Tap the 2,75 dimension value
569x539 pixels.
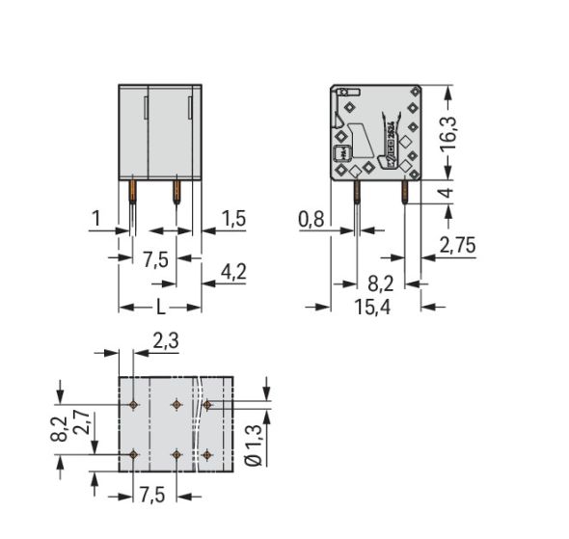tap(458, 247)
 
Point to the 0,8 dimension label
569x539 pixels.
tap(312, 220)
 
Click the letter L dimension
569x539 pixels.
tap(160, 308)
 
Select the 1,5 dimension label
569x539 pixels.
tap(232, 219)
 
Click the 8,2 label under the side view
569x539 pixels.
tap(381, 284)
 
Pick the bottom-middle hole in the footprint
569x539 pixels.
tap(176, 452)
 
